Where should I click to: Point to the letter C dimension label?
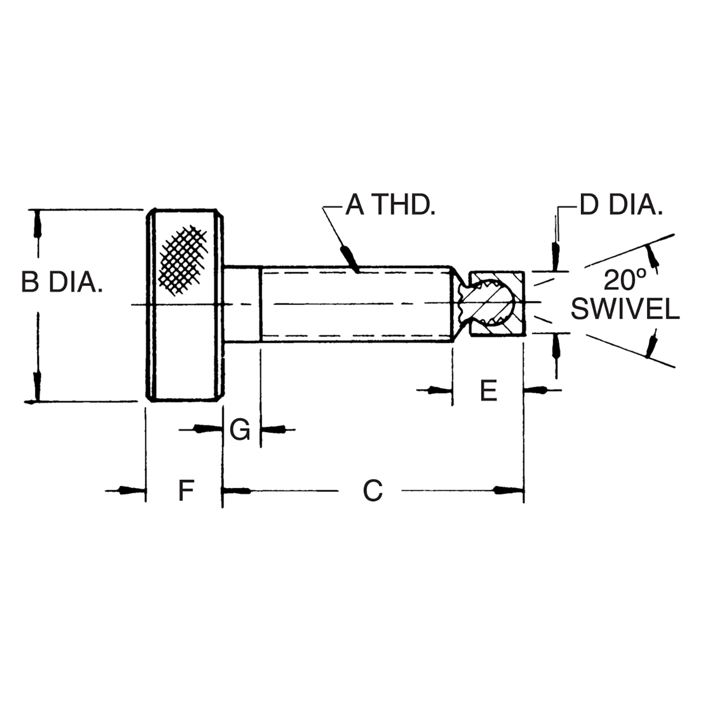pyautogui.click(x=372, y=490)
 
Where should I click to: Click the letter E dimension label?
pyautogui.click(x=488, y=390)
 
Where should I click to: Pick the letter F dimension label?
pyautogui.click(x=186, y=490)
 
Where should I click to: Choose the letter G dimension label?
pyautogui.click(x=240, y=429)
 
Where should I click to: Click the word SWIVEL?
pyautogui.click(x=625, y=310)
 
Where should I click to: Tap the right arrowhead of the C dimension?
pyautogui.click(x=508, y=490)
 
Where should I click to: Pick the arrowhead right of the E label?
pyautogui.click(x=537, y=390)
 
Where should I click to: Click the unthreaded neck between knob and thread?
pyautogui.click(x=242, y=303)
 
